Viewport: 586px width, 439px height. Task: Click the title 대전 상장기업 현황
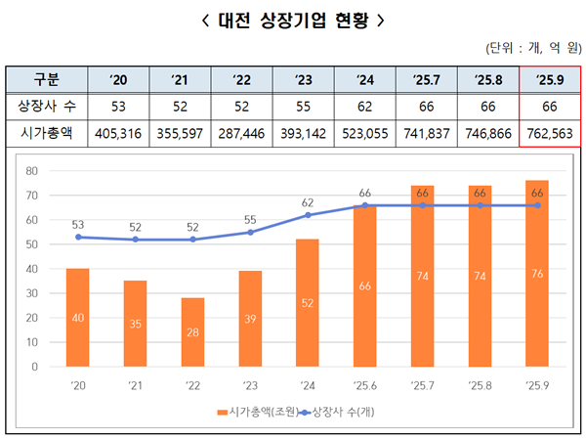(x=292, y=20)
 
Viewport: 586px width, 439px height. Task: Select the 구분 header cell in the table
(x=45, y=79)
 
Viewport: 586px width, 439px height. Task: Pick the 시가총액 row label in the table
(x=45, y=134)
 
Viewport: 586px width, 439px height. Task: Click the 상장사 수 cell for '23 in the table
(x=304, y=107)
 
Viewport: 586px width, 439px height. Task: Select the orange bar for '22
(x=193, y=332)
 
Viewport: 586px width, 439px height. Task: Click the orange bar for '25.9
(x=537, y=274)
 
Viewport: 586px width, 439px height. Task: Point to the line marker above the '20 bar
(x=78, y=237)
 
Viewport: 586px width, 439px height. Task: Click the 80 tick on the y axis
(x=31, y=171)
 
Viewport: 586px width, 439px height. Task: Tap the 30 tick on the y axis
(x=31, y=293)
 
